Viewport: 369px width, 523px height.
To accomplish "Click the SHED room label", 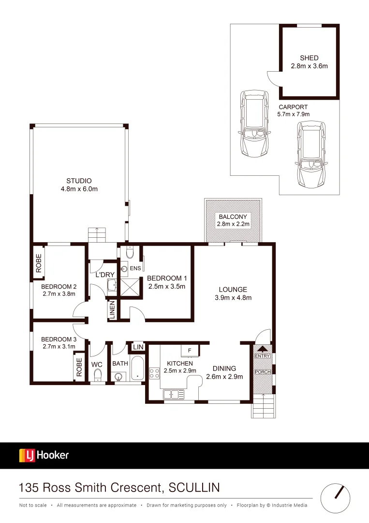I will pos(309,58).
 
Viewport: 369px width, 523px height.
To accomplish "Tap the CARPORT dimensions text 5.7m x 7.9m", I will pos(293,114).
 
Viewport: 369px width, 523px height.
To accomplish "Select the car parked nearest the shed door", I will pos(252,124).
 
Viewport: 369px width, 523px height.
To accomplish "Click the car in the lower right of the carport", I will pos(310,155).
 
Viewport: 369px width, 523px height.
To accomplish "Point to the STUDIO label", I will pos(79,181).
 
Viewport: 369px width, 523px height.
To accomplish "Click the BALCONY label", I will pos(233,217).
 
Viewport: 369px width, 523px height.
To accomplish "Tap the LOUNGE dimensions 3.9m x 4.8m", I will pos(233,298).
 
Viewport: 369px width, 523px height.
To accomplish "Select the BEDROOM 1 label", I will pos(167,278).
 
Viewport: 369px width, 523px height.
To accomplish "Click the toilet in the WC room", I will pos(97,375).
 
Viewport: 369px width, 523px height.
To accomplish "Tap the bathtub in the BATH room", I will pos(137,369).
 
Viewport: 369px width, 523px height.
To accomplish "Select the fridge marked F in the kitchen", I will pos(190,350).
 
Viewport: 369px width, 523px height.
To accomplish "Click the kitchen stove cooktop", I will pos(154,373).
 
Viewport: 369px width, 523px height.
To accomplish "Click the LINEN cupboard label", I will pos(112,310).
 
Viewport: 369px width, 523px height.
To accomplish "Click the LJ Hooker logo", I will pos(44,455).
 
